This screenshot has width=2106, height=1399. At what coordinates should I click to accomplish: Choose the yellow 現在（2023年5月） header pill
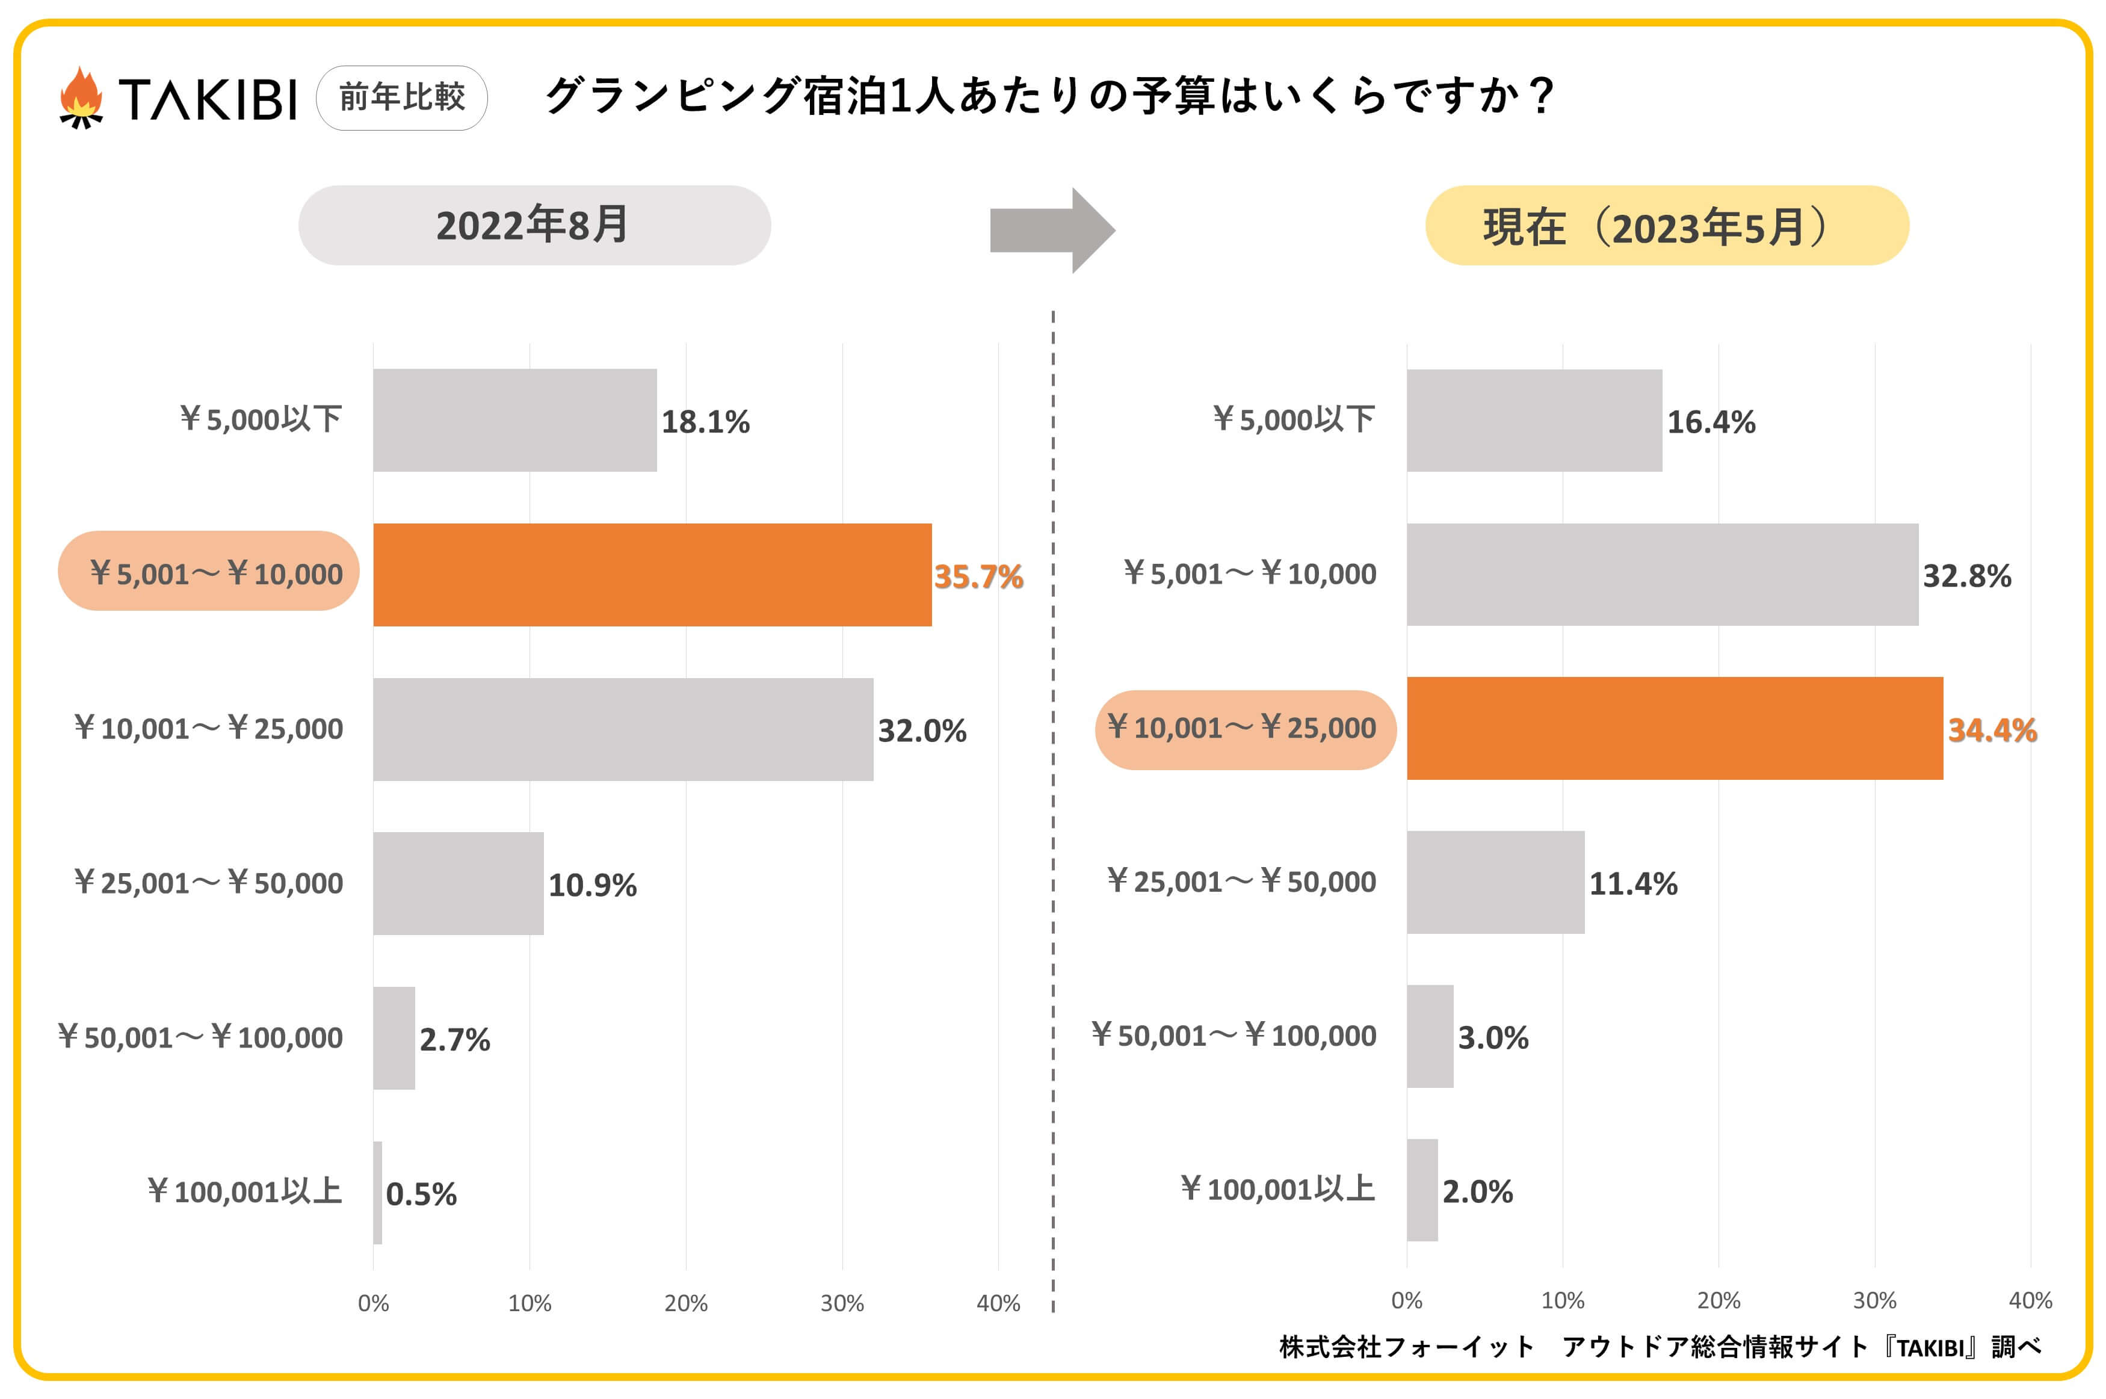pos(1666,226)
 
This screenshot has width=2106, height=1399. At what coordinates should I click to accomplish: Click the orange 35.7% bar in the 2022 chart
pos(652,575)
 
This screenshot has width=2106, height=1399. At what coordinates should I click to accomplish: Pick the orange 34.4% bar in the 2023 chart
pos(1675,728)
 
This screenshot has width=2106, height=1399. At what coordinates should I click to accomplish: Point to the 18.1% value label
pos(705,422)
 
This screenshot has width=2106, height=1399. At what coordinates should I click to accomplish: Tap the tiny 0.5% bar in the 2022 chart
pos(377,1192)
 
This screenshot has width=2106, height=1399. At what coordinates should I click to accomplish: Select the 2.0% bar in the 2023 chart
pos(1422,1190)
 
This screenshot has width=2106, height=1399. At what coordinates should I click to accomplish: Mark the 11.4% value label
pos(1632,884)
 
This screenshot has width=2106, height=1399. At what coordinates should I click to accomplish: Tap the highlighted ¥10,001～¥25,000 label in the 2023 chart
pos(1244,729)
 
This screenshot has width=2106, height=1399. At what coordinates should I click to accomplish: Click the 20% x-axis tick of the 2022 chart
pos(685,1303)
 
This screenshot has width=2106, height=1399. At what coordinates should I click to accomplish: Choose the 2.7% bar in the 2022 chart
pos(394,1037)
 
